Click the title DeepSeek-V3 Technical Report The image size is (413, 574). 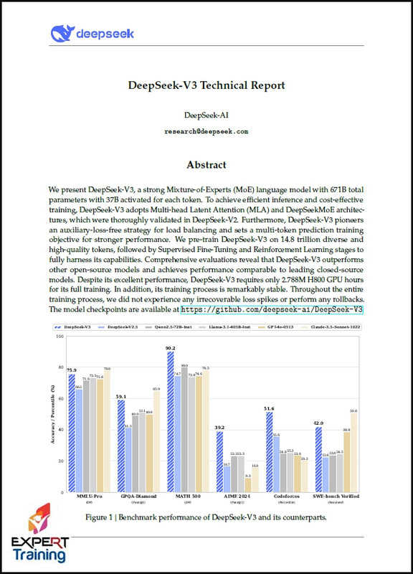coord(206,85)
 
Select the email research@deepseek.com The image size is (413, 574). coord(206,131)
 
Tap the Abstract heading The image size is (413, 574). coord(206,164)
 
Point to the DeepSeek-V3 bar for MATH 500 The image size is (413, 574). coord(171,417)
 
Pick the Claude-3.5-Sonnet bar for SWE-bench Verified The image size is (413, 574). coord(353,448)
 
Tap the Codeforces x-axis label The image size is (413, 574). coord(287,495)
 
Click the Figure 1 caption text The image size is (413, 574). coord(206,517)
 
